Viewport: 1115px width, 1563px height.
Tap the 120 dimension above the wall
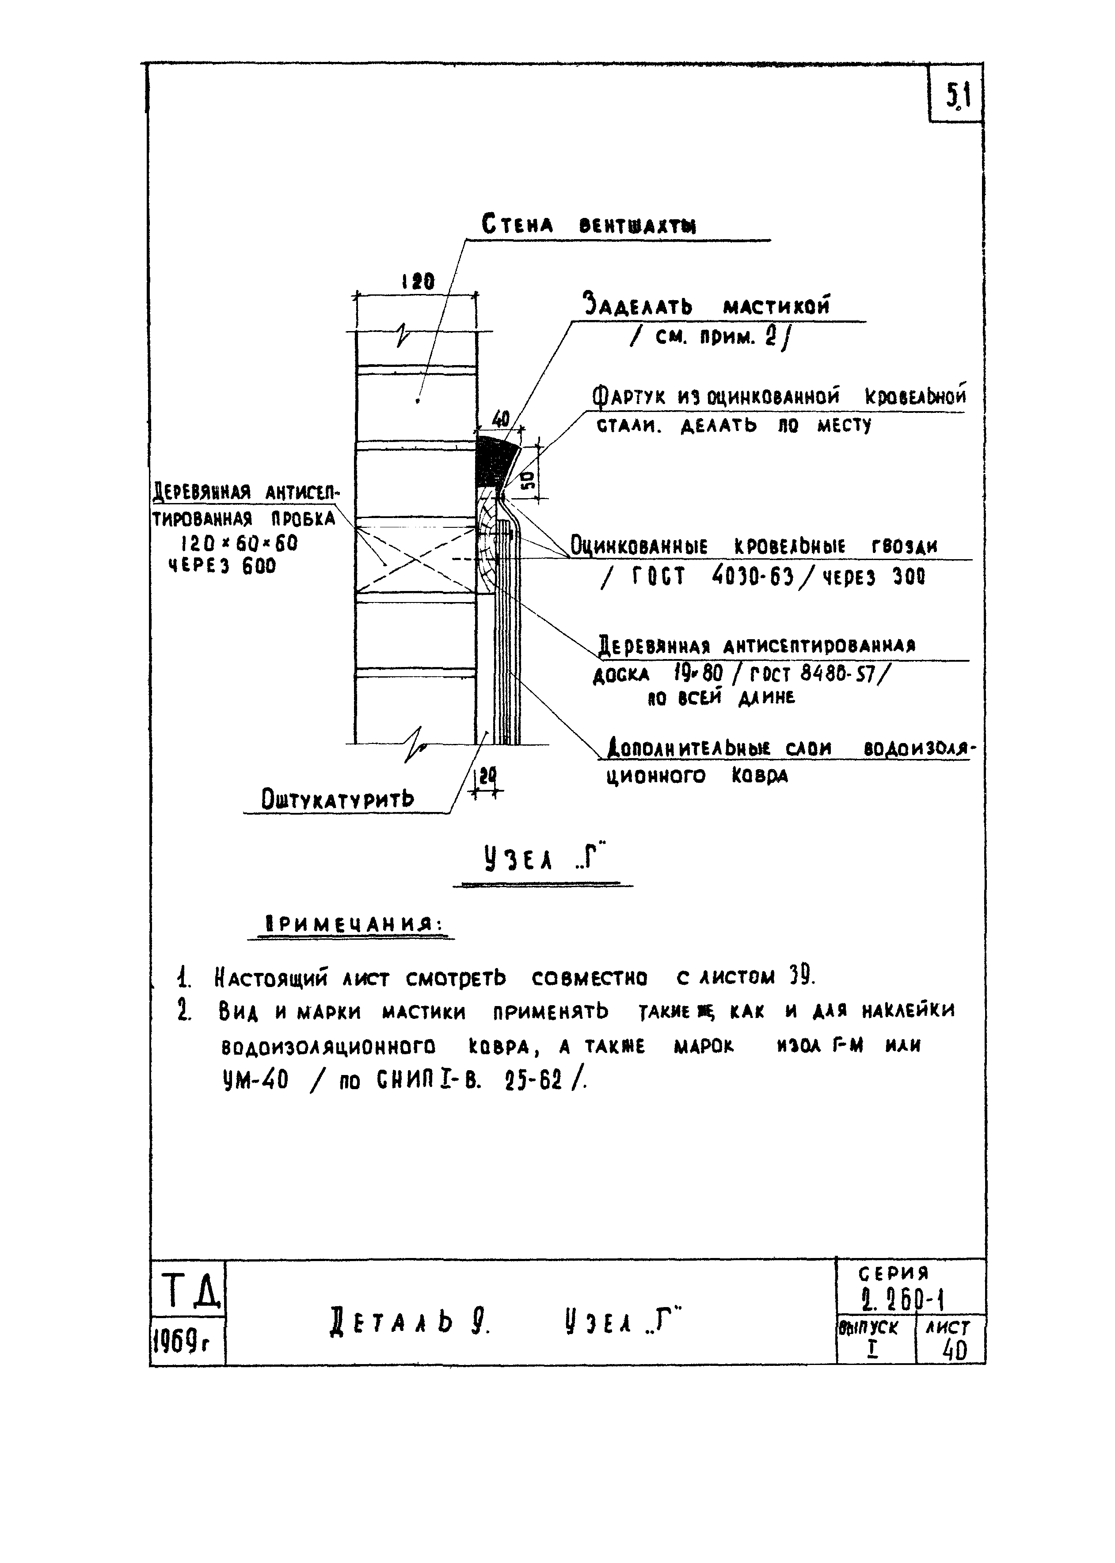(418, 282)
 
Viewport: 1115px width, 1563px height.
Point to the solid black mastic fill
(493, 461)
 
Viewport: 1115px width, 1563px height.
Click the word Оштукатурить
(338, 799)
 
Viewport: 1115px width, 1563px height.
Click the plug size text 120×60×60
(239, 543)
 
